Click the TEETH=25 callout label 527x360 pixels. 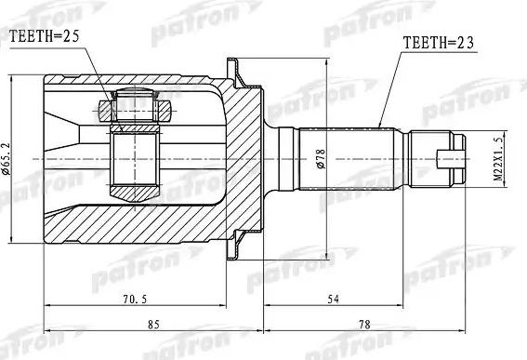tap(44, 36)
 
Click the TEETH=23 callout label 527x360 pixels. tap(439, 43)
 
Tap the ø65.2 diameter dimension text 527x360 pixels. tap(7, 159)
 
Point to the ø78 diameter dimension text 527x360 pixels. tap(321, 158)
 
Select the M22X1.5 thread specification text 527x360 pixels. tap(499, 159)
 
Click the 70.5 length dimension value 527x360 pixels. tap(135, 299)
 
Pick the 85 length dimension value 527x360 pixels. tap(153, 325)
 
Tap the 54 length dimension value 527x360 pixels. tap(333, 299)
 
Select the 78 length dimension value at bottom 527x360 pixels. tap(364, 325)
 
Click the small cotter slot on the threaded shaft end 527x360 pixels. tap(451, 159)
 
